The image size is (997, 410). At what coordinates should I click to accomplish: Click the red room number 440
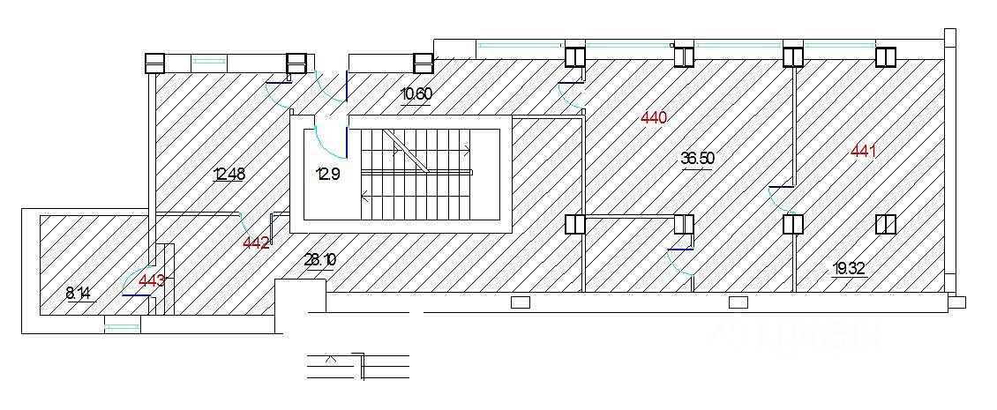[x=654, y=117]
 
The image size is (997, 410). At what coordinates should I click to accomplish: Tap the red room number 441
[x=863, y=152]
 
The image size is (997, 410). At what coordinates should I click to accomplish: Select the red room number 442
[x=256, y=243]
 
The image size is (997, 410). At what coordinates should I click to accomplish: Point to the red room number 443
[x=152, y=280]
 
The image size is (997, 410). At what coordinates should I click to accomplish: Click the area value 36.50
[x=697, y=159]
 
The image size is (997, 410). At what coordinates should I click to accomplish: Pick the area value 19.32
[x=850, y=268]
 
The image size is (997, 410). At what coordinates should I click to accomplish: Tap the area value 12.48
[x=229, y=174]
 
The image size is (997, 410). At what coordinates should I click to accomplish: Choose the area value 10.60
[x=416, y=94]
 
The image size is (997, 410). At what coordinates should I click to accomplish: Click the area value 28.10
[x=319, y=259]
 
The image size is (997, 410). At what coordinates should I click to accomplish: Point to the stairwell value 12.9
[x=327, y=174]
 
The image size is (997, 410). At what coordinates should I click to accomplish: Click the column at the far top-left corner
[x=155, y=63]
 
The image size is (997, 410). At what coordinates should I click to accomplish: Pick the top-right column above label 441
[x=886, y=56]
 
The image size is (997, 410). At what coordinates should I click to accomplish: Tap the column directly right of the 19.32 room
[x=886, y=225]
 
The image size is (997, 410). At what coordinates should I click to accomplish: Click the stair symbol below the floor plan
[x=358, y=366]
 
